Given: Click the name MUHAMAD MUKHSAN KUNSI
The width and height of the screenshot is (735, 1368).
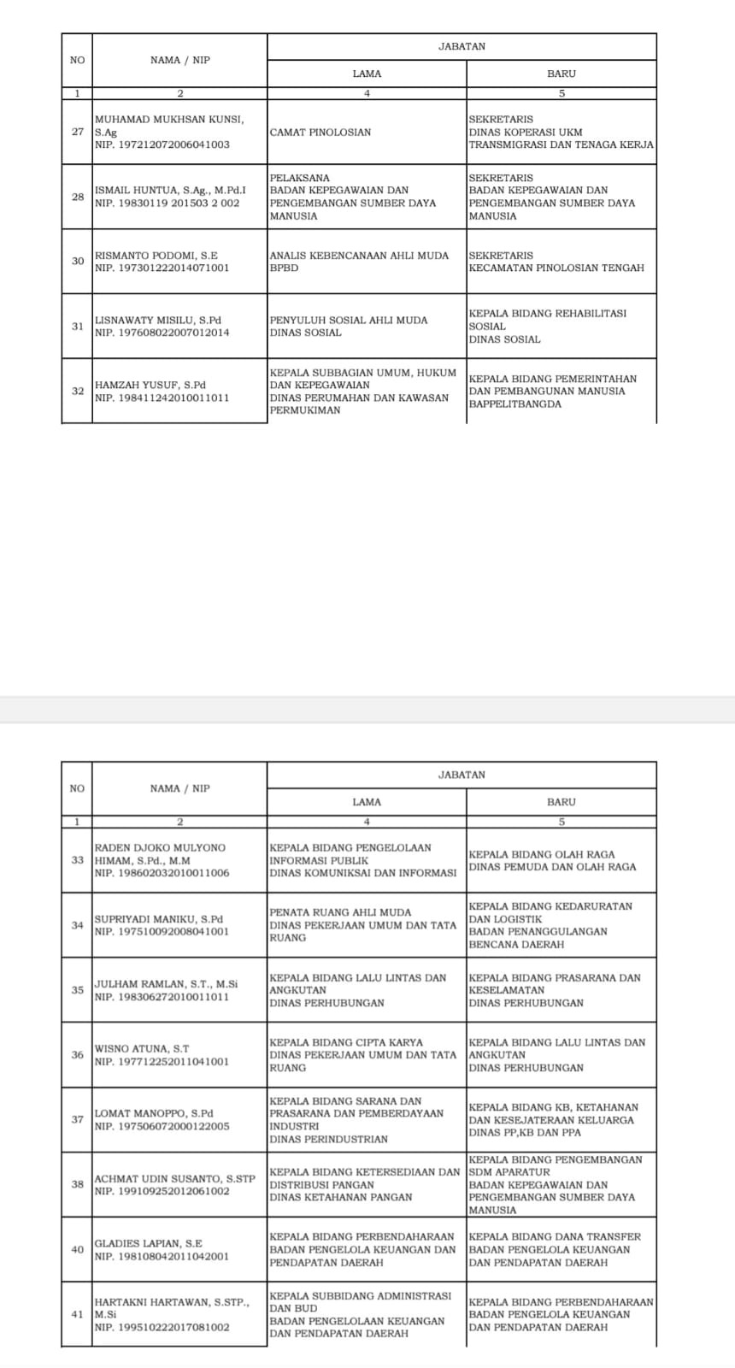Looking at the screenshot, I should click(168, 120).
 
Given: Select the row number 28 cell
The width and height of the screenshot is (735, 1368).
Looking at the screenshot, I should click(78, 197).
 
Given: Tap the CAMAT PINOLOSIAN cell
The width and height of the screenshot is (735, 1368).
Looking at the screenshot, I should click(320, 133).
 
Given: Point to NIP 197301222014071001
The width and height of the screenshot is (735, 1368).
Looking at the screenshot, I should click(162, 268).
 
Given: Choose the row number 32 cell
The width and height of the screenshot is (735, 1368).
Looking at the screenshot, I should click(78, 391).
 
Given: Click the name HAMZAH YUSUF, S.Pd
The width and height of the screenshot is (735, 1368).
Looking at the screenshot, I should click(150, 385).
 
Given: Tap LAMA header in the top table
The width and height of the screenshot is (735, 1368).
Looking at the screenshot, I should click(367, 74).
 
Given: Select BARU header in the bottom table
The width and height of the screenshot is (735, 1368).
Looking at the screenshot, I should click(562, 802).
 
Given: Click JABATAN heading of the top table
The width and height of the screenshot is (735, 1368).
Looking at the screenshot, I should click(462, 47).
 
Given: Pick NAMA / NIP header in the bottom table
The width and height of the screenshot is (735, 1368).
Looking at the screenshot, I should click(179, 788).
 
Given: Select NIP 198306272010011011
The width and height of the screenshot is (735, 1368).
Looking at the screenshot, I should click(162, 997).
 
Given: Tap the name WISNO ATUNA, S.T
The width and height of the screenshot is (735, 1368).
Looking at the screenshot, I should click(142, 1049).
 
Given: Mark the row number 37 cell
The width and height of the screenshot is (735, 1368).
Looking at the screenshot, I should click(78, 1119).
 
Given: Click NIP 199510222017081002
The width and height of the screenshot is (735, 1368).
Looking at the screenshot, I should click(162, 1328).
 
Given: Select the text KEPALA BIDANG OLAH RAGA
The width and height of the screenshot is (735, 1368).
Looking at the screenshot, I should click(541, 854).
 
